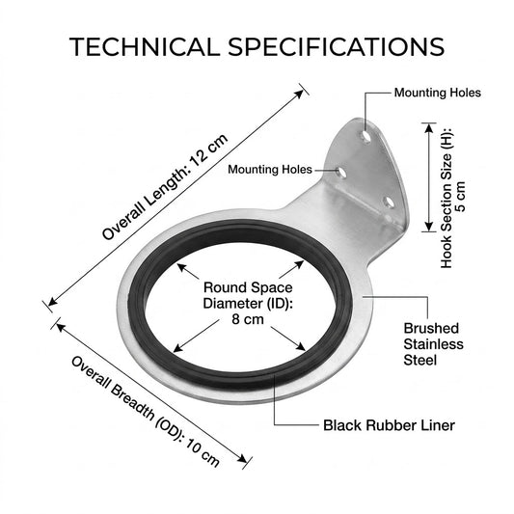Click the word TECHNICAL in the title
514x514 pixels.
[145, 46]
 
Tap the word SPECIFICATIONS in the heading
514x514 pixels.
[336, 46]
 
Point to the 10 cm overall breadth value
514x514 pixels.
[203, 452]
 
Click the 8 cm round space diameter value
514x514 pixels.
[248, 319]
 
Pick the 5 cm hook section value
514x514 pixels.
[460, 197]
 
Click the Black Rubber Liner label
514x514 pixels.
[389, 425]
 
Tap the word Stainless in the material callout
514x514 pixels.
[433, 344]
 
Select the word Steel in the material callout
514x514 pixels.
[419, 360]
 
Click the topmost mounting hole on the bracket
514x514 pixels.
[365, 136]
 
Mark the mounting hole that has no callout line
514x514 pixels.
[389, 203]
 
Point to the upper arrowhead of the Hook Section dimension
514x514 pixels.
[428, 128]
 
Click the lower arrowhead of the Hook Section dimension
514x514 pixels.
[428, 227]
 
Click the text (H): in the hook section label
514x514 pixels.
[446, 136]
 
